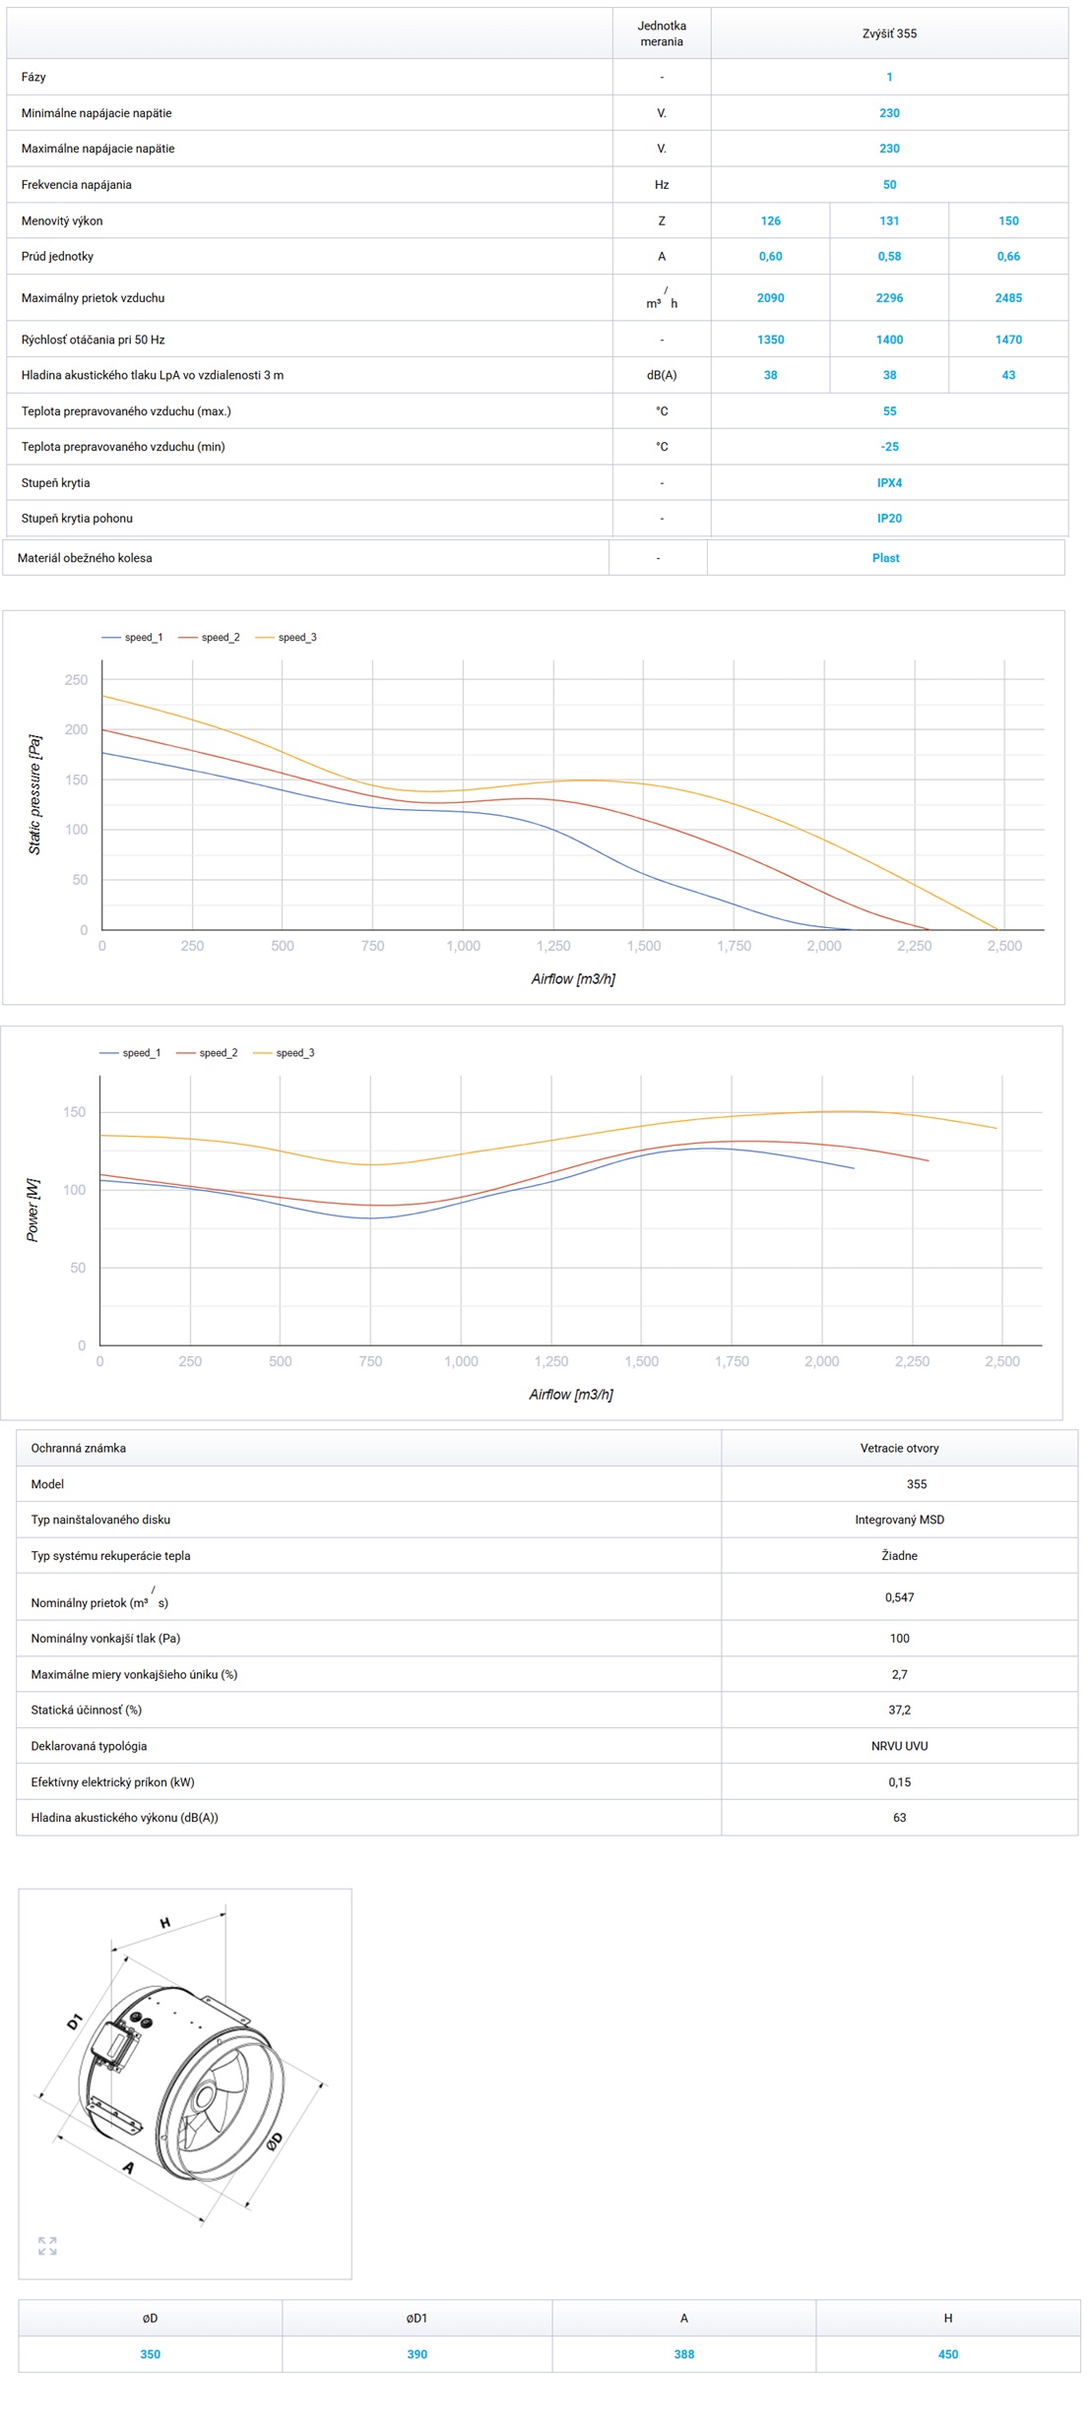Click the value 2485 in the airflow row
tap(1007, 297)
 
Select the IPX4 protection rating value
tap(889, 482)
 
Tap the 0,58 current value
tap(889, 256)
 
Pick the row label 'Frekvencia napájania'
tap(77, 184)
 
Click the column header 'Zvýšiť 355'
tap(889, 33)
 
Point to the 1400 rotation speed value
tap(889, 340)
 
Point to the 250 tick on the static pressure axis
tap(76, 680)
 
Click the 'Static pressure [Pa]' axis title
tap(34, 794)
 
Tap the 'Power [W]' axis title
tap(32, 1210)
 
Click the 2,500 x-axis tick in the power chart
tap(1002, 1361)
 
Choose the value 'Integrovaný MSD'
tap(899, 1520)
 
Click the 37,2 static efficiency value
tap(899, 1710)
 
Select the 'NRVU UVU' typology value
tap(899, 1746)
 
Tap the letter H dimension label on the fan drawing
tap(165, 1922)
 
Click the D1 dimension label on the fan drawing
tap(75, 2023)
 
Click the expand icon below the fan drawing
tap(47, 2246)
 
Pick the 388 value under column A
tap(683, 2354)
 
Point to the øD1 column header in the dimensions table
tap(417, 2318)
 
